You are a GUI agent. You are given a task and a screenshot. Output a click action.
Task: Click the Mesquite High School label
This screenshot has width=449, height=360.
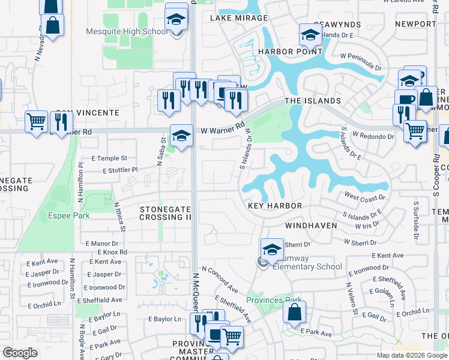coord(136,32)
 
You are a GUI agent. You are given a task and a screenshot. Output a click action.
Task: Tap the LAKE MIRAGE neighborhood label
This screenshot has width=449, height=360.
coord(239,18)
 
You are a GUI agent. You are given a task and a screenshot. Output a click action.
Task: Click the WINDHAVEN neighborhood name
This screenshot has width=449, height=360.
coord(310,226)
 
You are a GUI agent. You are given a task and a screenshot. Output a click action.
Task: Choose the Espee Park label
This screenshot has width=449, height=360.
coord(65,215)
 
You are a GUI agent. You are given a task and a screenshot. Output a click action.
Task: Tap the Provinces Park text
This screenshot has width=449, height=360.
coord(274,299)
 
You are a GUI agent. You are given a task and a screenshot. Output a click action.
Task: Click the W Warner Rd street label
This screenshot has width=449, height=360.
coord(223,128)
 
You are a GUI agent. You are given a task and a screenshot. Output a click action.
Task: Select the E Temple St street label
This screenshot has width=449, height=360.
coord(109,158)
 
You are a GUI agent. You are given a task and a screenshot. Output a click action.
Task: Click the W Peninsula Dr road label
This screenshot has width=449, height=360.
coord(361,62)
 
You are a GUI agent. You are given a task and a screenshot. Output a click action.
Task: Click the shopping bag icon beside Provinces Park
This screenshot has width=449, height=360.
coord(294,313)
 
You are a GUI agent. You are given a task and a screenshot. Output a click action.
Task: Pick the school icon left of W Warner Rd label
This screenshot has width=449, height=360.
coord(181,135)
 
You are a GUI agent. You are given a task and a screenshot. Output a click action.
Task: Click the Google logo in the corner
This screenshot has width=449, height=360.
coord(20,353)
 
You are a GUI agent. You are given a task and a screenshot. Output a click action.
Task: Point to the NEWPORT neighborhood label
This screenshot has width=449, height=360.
coord(416,24)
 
